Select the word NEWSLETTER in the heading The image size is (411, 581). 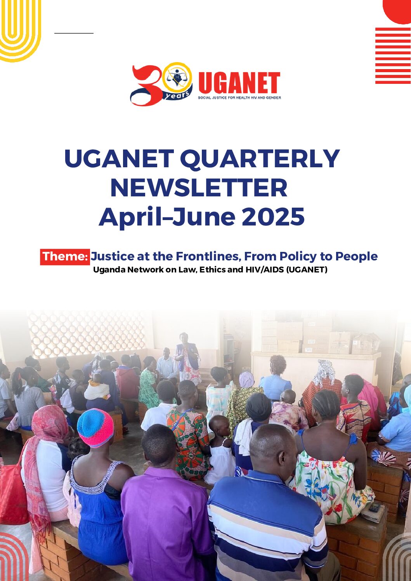tap(199, 188)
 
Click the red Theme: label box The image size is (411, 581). tap(65, 257)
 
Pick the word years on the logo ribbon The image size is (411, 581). tap(177, 95)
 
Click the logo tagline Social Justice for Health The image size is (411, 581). tap(239, 98)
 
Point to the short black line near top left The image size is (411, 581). tap(74, 33)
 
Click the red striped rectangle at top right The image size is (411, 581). tap(393, 55)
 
